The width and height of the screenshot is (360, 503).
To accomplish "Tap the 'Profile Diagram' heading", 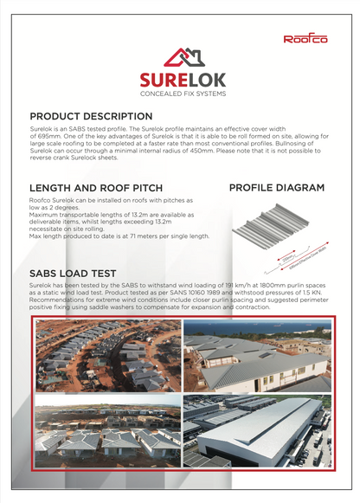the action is [277, 188].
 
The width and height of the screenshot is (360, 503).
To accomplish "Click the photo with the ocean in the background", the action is [257, 356].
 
